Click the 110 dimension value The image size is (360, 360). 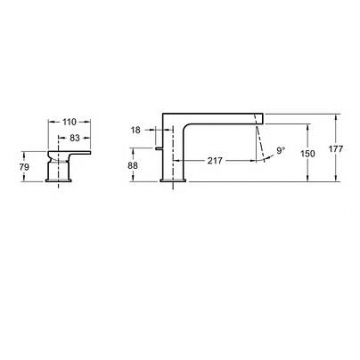(x=69, y=122)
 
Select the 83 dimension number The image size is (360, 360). (x=75, y=138)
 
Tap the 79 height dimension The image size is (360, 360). (x=24, y=167)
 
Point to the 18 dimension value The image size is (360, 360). (x=136, y=130)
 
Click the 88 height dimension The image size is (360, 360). (x=133, y=165)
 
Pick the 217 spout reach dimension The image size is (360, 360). (x=215, y=161)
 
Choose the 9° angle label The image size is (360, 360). (x=281, y=151)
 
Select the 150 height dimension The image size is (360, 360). (x=308, y=154)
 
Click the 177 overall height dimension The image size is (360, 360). (x=336, y=149)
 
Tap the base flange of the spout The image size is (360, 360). (x=173, y=180)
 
